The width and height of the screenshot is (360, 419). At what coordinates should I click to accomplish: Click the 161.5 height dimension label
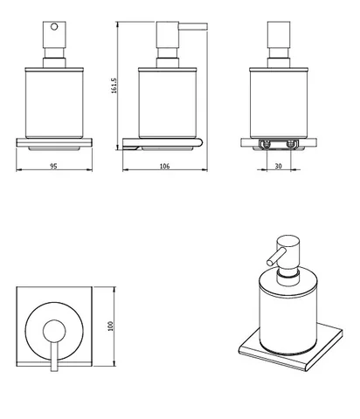pyautogui.click(x=114, y=86)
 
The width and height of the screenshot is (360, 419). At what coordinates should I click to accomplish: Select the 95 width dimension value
pyautogui.click(x=53, y=166)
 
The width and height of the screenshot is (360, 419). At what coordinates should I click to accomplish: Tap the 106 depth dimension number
pyautogui.click(x=164, y=166)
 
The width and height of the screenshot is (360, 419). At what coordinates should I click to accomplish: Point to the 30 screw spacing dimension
pyautogui.click(x=279, y=166)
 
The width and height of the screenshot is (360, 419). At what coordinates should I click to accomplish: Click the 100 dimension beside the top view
pyautogui.click(x=110, y=326)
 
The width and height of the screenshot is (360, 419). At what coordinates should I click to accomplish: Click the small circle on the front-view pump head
pyautogui.click(x=54, y=26)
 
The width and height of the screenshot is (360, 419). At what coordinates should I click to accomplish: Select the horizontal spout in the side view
pyautogui.click(x=193, y=26)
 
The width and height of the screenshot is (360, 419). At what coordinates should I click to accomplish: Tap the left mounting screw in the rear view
pyautogui.click(x=267, y=144)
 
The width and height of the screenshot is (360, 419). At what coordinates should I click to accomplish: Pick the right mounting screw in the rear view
pyautogui.click(x=291, y=144)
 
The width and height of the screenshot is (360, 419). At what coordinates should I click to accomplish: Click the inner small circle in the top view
pyautogui.click(x=54, y=331)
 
